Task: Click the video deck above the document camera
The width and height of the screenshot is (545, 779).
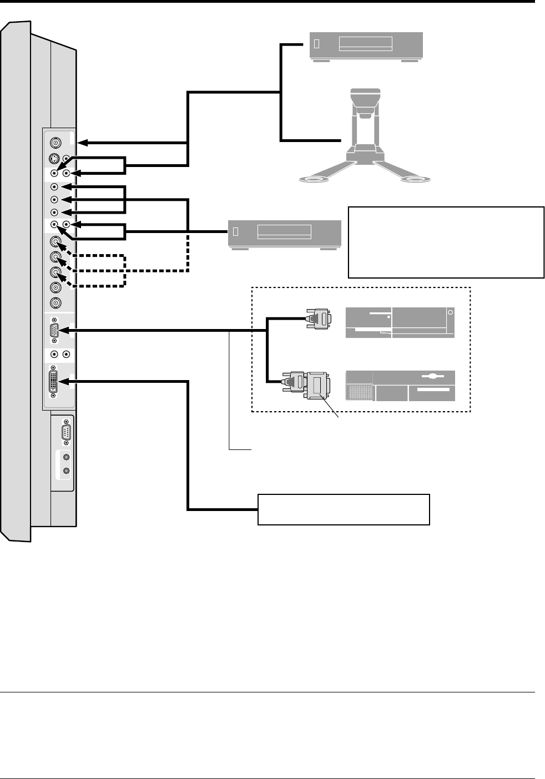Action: pos(366,46)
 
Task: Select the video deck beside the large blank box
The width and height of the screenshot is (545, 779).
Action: pos(284,234)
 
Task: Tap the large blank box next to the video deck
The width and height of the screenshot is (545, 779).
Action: pos(446,242)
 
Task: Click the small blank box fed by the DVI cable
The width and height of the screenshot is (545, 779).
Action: pos(344,509)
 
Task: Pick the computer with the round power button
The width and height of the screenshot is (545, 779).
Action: pos(400,322)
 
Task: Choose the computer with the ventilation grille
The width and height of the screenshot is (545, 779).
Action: pos(400,386)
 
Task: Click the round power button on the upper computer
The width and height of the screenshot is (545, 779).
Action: pos(450,313)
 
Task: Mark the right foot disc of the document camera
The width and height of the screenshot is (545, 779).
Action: pos(418,179)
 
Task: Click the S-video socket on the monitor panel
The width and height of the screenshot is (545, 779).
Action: pos(54,158)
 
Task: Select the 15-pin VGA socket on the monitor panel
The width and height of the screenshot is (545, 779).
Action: pos(54,331)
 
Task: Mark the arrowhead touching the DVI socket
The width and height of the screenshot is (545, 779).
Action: pos(63,382)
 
